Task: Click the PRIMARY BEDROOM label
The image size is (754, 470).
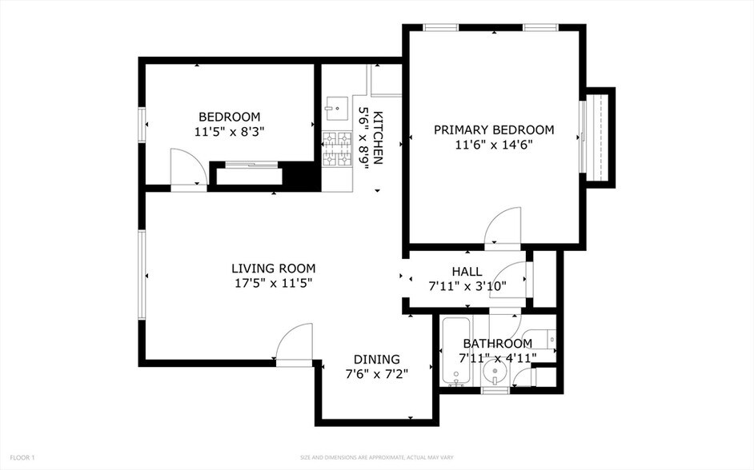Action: pos(493,129)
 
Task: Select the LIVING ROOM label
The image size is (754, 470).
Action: pos(273,269)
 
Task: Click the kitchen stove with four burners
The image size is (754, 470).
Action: pos(337,149)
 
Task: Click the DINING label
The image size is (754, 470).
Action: pos(376,360)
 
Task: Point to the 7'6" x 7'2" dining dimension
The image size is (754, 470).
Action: pos(376,374)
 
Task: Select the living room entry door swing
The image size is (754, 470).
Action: pos(293,342)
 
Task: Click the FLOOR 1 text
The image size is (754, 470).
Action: pos(22,457)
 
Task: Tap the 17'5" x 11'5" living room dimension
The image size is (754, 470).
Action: pos(273,283)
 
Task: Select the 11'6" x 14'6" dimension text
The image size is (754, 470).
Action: pos(493,145)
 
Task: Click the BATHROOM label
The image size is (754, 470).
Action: pos(496,344)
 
